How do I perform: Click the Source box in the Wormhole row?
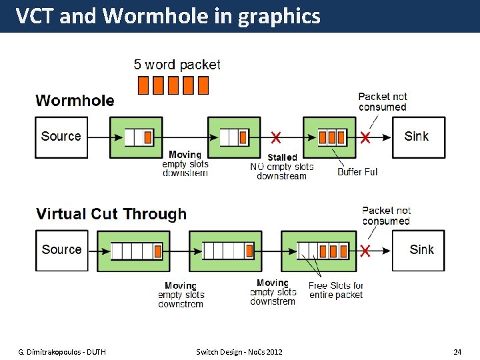pos(61,137)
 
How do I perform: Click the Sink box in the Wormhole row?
pos(417,137)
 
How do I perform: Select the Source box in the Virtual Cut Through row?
pos(61,251)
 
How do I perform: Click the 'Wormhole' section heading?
pos(75,101)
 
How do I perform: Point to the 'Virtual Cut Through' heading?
pos(111,214)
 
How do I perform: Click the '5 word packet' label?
pos(177,65)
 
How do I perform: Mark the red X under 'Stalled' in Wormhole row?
pos(275,138)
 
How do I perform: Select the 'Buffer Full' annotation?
pos(357,172)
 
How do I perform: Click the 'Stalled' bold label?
pos(282,157)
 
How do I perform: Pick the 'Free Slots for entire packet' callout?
pos(336,290)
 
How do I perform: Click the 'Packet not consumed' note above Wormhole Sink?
pos(382,102)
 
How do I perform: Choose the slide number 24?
pos(457,351)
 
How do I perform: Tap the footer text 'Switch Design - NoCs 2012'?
pos(239,351)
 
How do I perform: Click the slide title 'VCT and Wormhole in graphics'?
pos(168,16)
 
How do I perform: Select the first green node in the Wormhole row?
pos(136,137)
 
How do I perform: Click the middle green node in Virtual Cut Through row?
pos(225,251)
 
